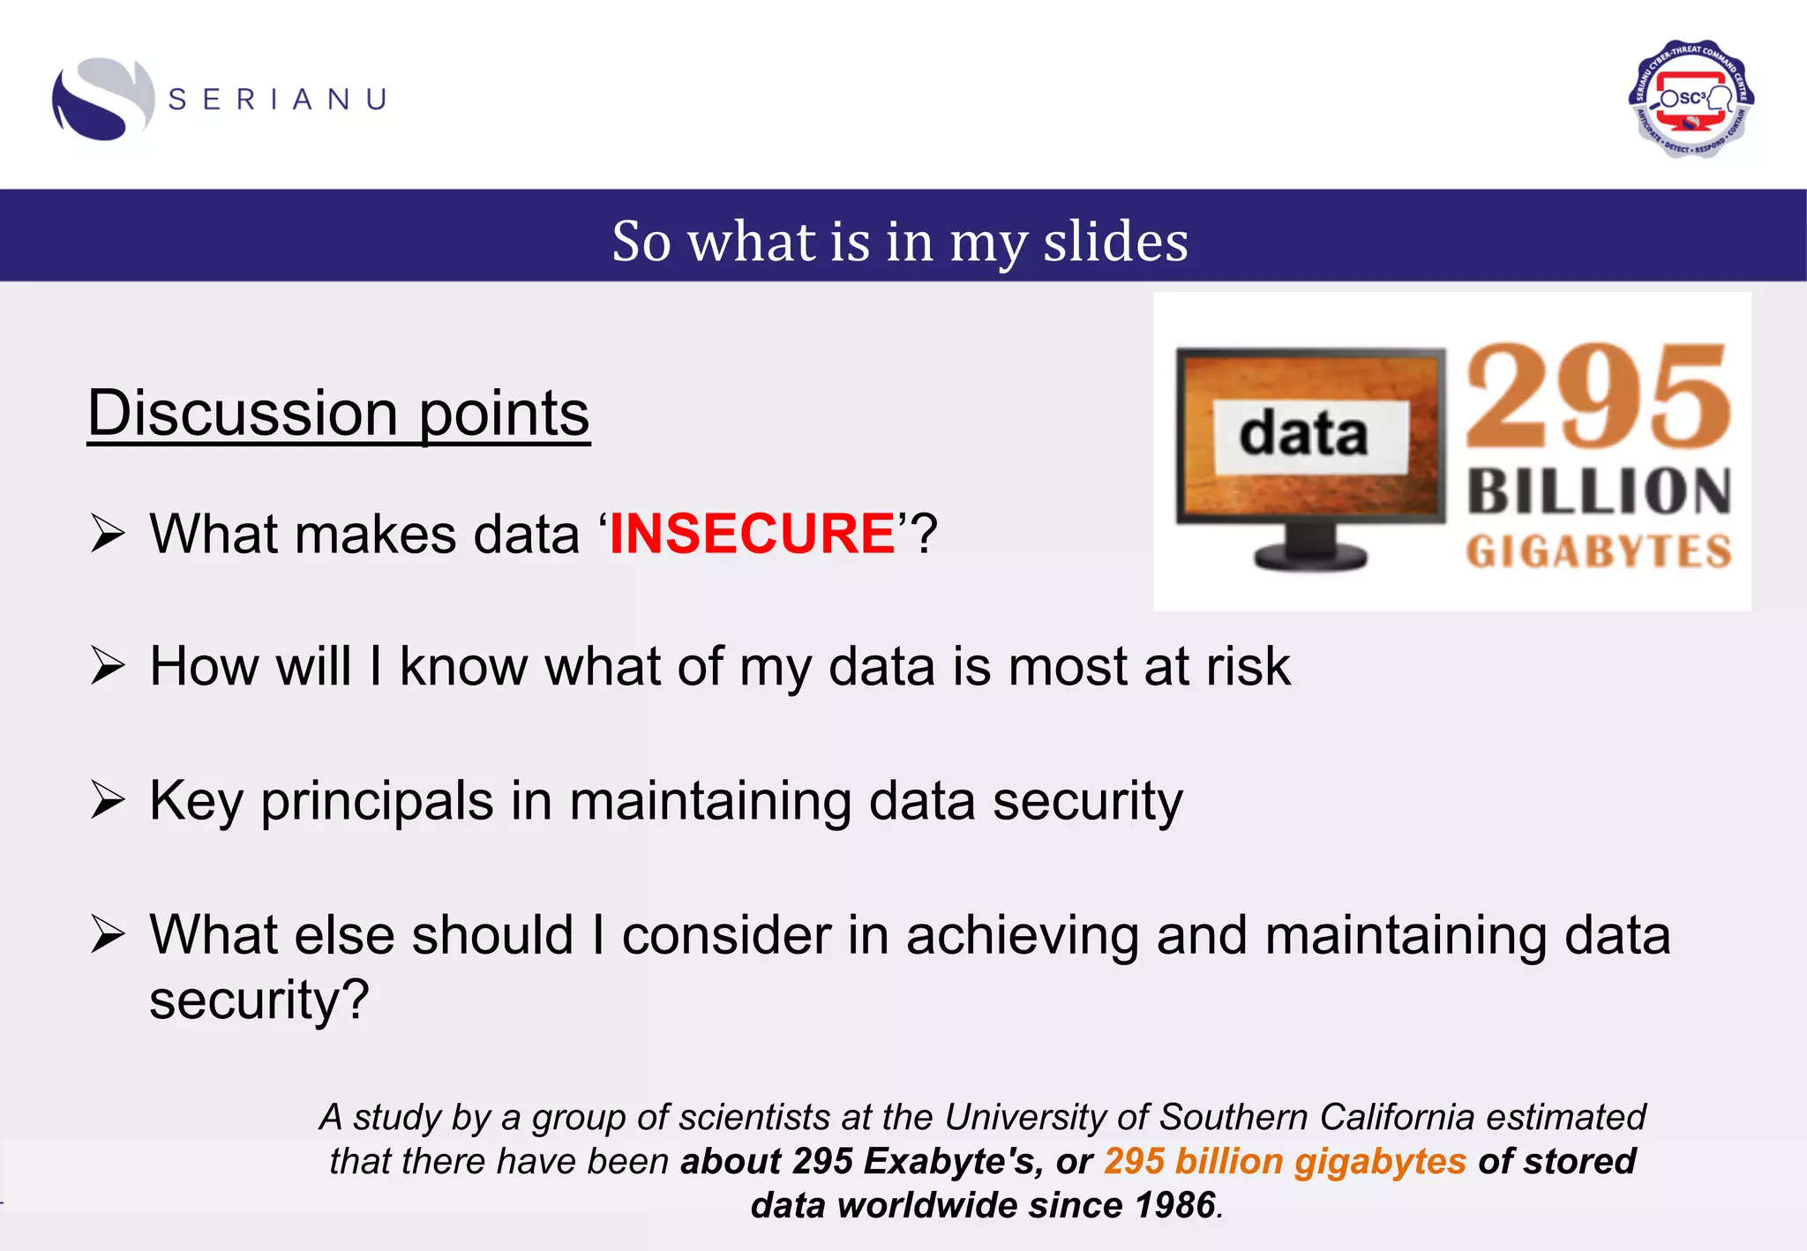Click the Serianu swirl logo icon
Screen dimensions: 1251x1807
pos(102,99)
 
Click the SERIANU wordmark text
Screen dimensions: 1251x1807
pos(278,99)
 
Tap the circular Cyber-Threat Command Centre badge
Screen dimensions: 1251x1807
pos(1691,99)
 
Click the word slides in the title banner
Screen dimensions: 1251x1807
pos(1115,241)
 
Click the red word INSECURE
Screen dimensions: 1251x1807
pos(753,534)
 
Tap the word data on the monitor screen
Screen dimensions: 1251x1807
pos(1303,435)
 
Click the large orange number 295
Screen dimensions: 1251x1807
pos(1598,398)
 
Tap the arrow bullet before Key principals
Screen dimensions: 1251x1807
pos(108,801)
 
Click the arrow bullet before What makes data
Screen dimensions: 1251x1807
pos(108,535)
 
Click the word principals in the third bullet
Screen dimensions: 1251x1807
pos(377,801)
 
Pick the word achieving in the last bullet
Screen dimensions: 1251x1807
pos(1022,935)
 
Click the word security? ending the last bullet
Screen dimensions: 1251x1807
pos(259,1000)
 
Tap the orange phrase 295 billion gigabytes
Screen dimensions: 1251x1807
pos(1284,1161)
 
